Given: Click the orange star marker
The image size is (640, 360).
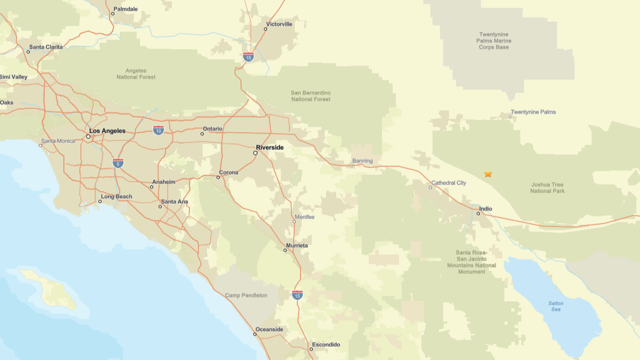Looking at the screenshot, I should [x=488, y=174].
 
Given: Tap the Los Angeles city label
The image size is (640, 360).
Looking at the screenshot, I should [x=107, y=131].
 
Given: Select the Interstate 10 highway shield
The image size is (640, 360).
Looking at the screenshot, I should [x=159, y=130].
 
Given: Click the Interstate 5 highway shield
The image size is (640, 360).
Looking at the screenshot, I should [x=118, y=163].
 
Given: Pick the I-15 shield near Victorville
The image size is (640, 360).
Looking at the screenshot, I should [x=249, y=57].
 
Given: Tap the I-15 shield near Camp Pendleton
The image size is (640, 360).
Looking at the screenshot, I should [x=297, y=294].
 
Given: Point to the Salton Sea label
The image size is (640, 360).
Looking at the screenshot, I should [x=556, y=306].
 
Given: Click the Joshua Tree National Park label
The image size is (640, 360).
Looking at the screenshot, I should [x=547, y=187].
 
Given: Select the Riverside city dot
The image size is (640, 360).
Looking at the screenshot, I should [x=256, y=152].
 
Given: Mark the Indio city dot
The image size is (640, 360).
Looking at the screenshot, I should [x=479, y=214].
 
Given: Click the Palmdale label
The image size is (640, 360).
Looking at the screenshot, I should [x=125, y=9].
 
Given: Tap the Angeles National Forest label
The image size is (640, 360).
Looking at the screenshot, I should [x=136, y=74].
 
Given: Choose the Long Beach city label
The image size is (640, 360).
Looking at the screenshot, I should [x=116, y=197].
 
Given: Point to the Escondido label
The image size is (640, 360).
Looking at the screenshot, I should [x=326, y=344].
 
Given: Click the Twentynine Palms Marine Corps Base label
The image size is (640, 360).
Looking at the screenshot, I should [x=494, y=41].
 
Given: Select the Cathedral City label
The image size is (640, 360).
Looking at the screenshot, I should [x=448, y=183].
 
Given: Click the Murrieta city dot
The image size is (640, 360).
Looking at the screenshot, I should [x=285, y=250].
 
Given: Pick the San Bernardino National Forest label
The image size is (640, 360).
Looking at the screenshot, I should [x=311, y=96].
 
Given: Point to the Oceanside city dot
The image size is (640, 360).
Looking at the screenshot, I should [x=254, y=334].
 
